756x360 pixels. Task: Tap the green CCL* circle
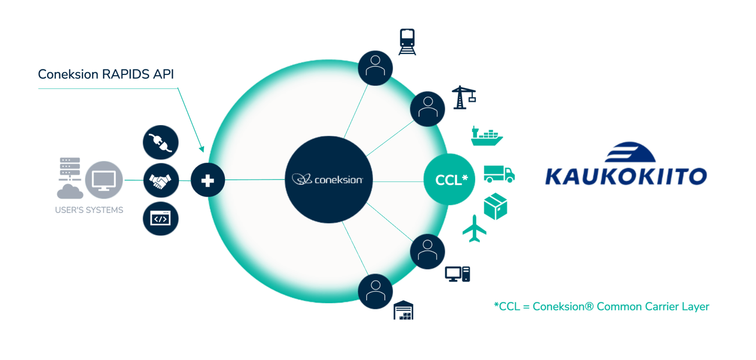point(450,180)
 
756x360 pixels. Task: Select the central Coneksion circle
point(329,180)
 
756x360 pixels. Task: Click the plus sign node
point(208,180)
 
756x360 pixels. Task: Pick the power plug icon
point(161,142)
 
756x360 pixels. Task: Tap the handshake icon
point(161,180)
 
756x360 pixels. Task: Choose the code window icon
point(161,218)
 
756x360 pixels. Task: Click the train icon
point(407,41)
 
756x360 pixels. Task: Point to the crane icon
point(464,97)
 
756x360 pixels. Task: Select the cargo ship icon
point(486,135)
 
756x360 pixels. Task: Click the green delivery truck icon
point(499,173)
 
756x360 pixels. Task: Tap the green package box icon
point(495,206)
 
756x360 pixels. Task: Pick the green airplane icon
point(475,228)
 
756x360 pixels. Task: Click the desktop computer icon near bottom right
point(457,273)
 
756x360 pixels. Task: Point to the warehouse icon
point(403,310)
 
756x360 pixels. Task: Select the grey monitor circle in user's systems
point(104,180)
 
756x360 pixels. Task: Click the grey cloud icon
point(70,191)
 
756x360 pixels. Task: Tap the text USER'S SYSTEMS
point(89,210)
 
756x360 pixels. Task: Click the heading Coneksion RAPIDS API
point(106,74)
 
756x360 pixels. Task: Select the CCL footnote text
point(601,306)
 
